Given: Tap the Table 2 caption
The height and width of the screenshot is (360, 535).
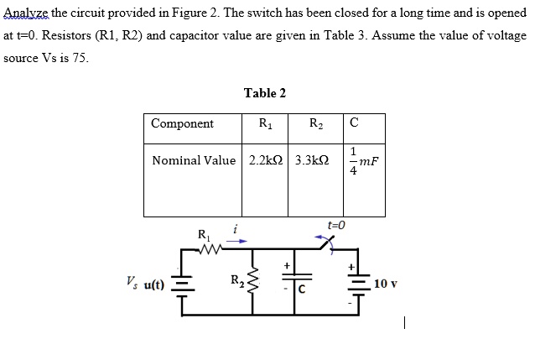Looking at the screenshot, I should coord(265,93).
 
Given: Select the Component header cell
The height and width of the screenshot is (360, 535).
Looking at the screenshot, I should coord(182,124).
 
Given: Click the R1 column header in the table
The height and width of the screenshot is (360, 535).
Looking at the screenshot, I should coord(265,124).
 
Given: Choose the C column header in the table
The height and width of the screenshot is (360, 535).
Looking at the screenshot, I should coord(354,124).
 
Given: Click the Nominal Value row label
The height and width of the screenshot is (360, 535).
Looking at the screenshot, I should coord(194,159).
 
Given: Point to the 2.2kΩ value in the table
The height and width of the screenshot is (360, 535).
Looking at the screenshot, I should coord(266,159).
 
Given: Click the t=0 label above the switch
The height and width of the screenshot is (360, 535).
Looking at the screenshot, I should coord(336,225).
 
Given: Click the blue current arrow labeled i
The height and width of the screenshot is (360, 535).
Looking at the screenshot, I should coord(238,240).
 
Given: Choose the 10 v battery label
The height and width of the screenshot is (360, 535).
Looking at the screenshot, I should coord(386,283).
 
